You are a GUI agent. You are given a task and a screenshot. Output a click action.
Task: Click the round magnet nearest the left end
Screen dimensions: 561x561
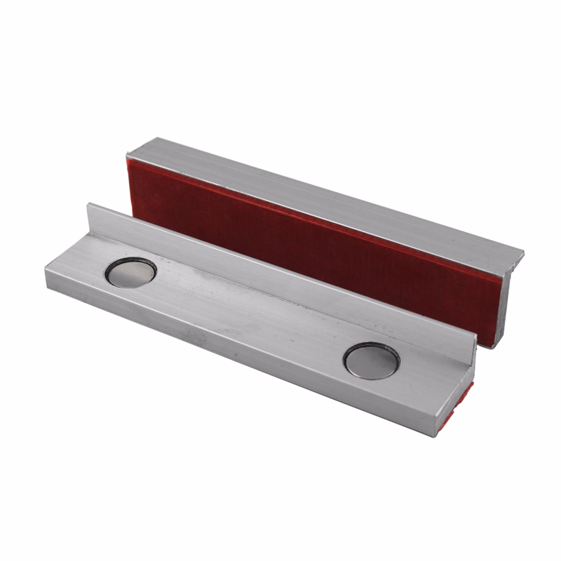pyautogui.click(x=130, y=273)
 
